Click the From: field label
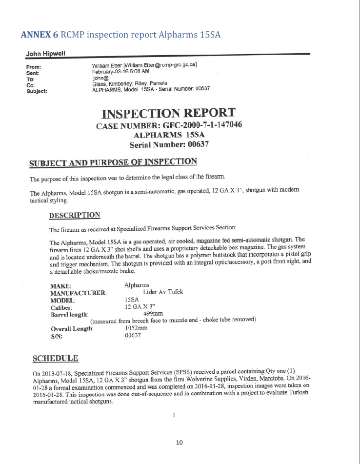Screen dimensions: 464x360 pyautogui.click(x=34, y=66)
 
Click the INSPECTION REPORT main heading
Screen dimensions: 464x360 pyautogui.click(x=168, y=113)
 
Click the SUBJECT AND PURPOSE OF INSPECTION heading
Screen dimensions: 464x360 pyautogui.click(x=113, y=162)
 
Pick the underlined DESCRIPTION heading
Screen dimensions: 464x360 pyautogui.click(x=75, y=215)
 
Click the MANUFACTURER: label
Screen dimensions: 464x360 pyautogui.click(x=79, y=293)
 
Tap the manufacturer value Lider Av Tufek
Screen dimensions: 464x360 pyautogui.click(x=163, y=292)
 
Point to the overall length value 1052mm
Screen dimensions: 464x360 pyautogui.click(x=136, y=328)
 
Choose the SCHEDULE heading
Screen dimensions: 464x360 pyautogui.click(x=55, y=359)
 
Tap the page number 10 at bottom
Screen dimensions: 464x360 pyautogui.click(x=179, y=443)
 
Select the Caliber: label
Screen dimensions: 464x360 pyautogui.click(x=61, y=307)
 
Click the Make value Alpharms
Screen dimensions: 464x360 pyautogui.click(x=137, y=285)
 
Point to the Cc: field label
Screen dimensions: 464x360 pyautogui.click(x=30, y=84)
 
